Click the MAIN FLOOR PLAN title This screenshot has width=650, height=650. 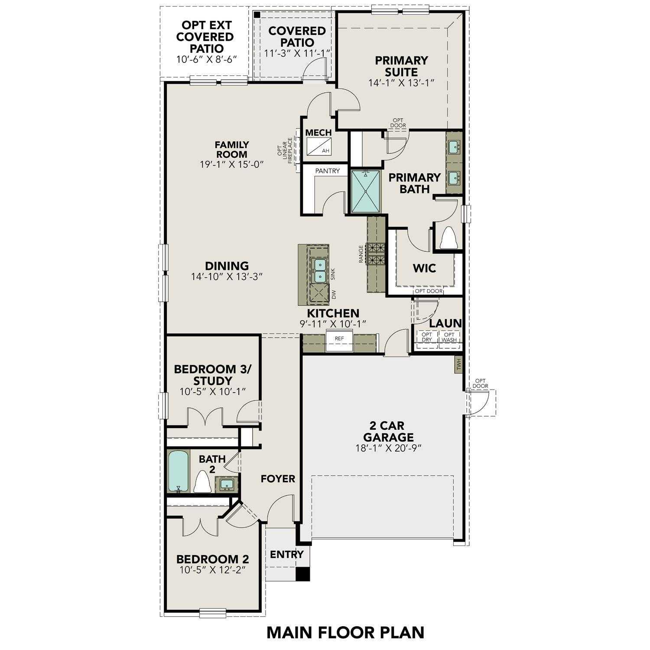[345, 632]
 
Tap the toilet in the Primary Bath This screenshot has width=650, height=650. [449, 238]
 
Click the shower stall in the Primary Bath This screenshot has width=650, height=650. [365, 191]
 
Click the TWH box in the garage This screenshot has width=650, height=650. [458, 364]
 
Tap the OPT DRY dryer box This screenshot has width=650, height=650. [427, 337]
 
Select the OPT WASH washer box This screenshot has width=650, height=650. [449, 337]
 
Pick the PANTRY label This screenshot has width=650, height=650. [327, 171]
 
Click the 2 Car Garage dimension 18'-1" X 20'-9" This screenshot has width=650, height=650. [388, 448]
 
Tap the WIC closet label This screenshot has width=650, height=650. [424, 268]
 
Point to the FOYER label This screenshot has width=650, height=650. [278, 479]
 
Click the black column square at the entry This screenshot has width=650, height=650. [303, 574]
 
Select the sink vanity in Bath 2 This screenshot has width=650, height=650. [226, 484]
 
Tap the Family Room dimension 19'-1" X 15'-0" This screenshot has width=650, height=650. [232, 164]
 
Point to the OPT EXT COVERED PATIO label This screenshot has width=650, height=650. [205, 37]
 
